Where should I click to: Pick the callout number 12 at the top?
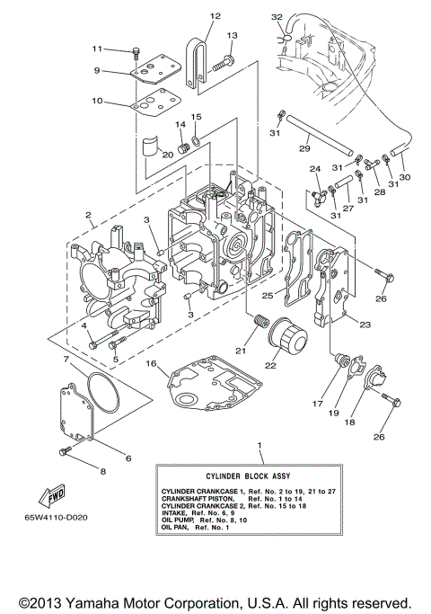click(215, 16)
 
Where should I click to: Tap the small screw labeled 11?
click(136, 50)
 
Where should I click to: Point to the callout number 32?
click(277, 16)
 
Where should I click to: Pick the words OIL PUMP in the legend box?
click(180, 520)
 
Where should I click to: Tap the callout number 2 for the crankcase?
click(88, 216)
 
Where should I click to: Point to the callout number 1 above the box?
click(259, 446)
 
